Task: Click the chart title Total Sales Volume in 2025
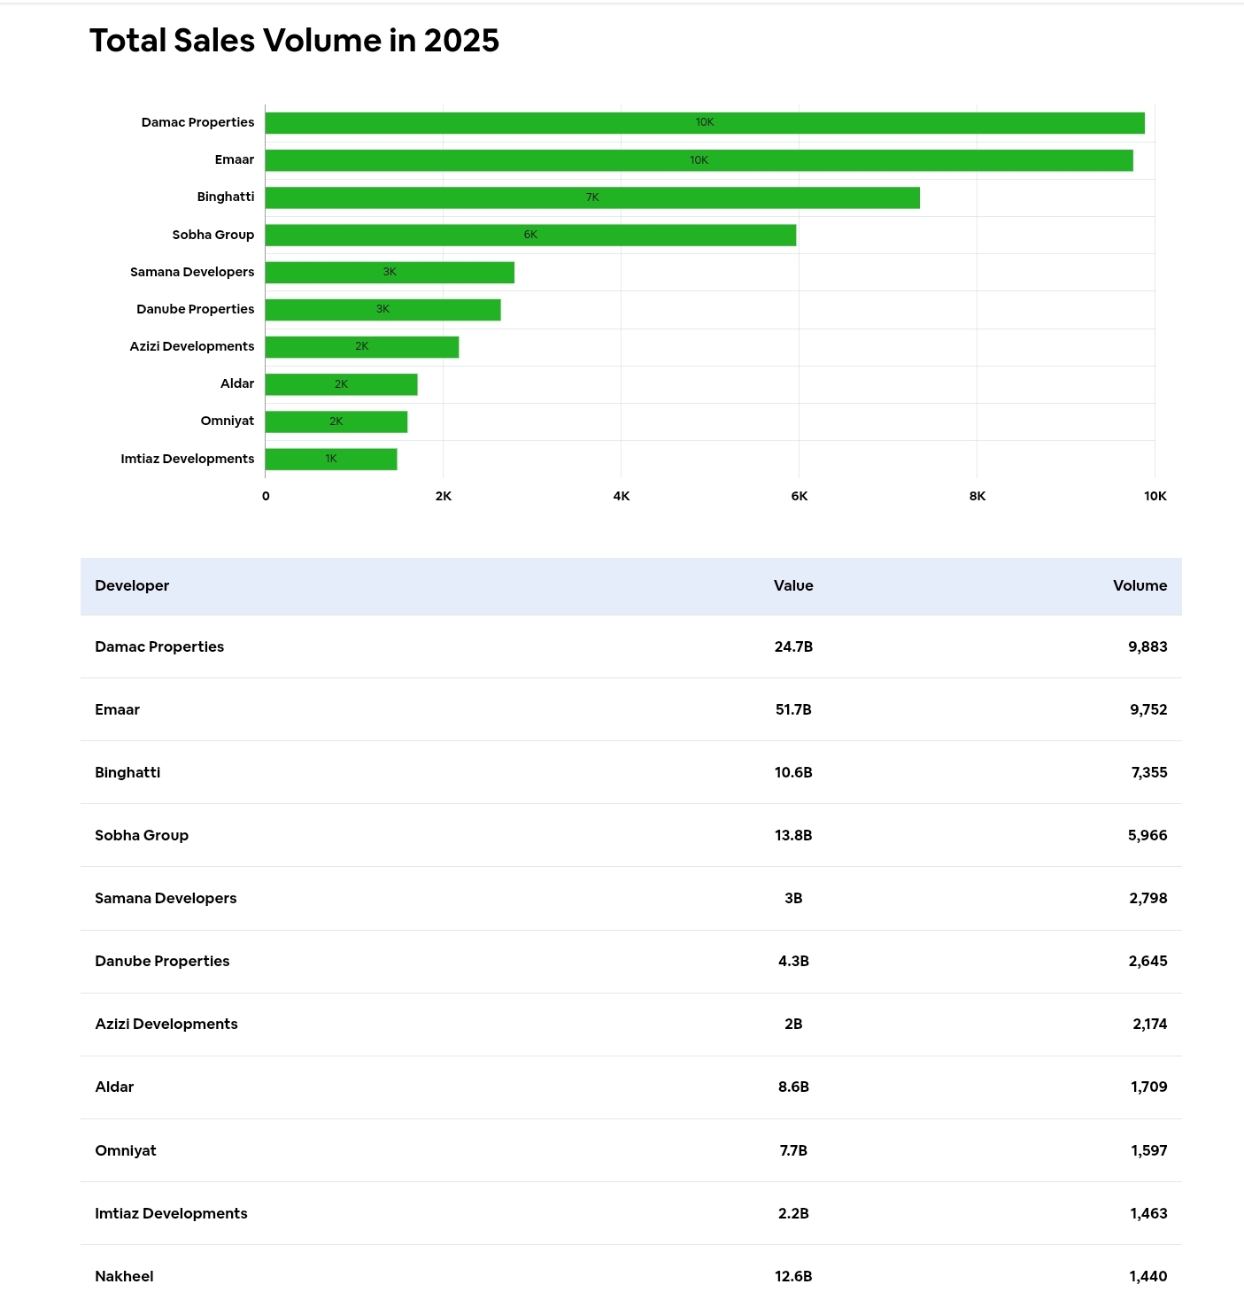point(294,41)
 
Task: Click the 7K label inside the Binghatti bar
point(592,197)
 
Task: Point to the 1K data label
point(331,459)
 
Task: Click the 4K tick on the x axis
point(622,496)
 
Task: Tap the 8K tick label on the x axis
point(977,496)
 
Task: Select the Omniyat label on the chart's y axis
point(228,421)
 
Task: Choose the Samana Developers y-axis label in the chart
point(192,272)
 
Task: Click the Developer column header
point(132,585)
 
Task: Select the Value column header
point(793,585)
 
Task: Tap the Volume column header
point(1140,585)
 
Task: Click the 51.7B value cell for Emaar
point(793,709)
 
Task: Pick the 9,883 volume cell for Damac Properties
point(1147,646)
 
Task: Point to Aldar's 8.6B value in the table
point(793,1087)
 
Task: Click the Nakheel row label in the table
point(124,1276)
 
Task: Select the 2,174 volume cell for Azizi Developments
point(1149,1024)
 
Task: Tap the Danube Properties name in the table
point(162,961)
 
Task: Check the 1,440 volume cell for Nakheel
point(1148,1276)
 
